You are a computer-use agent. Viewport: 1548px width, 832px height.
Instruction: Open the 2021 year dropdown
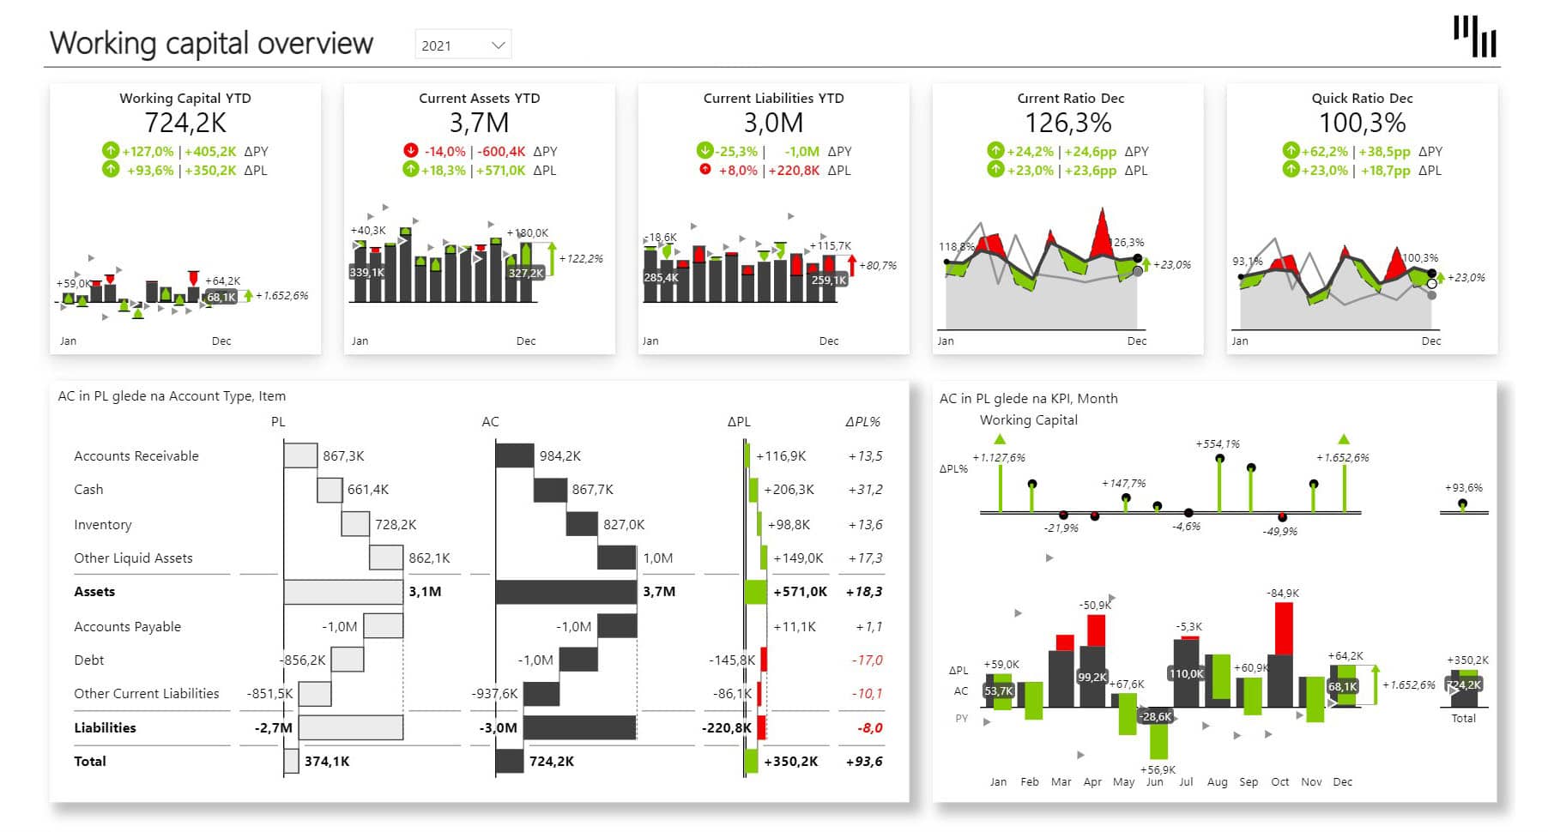tap(463, 45)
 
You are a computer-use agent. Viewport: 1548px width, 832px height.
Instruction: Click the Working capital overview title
tap(211, 43)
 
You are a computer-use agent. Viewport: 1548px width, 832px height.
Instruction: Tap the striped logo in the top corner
tap(1474, 37)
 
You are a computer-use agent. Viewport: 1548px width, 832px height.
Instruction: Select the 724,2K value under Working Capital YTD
tap(185, 124)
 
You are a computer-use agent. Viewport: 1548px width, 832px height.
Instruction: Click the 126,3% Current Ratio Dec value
tap(1068, 124)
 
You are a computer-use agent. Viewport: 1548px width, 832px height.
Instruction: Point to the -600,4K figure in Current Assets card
tap(501, 151)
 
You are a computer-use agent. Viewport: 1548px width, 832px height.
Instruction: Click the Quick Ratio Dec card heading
tap(1362, 98)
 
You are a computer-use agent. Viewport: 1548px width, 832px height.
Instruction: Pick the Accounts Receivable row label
tap(136, 455)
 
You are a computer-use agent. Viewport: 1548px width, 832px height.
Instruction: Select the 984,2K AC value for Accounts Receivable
tap(559, 455)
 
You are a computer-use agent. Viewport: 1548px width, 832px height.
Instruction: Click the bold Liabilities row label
tap(105, 727)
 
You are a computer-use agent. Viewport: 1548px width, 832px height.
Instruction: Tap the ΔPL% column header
tap(862, 421)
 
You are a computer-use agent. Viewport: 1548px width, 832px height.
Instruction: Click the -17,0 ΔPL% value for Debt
tap(867, 660)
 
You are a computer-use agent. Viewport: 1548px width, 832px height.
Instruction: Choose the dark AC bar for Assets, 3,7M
tap(565, 591)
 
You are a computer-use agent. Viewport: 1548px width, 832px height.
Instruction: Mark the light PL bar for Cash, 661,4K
tap(330, 490)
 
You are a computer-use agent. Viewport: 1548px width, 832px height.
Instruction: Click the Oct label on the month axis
tap(1279, 781)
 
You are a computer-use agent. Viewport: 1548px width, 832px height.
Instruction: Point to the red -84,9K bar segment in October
tap(1284, 628)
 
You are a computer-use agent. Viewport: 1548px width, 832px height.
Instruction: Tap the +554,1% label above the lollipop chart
tap(1218, 443)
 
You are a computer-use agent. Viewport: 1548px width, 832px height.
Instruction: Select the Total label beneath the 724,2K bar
tap(1463, 718)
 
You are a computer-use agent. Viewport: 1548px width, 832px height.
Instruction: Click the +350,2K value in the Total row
tap(790, 761)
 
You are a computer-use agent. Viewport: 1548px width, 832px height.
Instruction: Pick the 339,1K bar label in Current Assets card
tap(367, 272)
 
